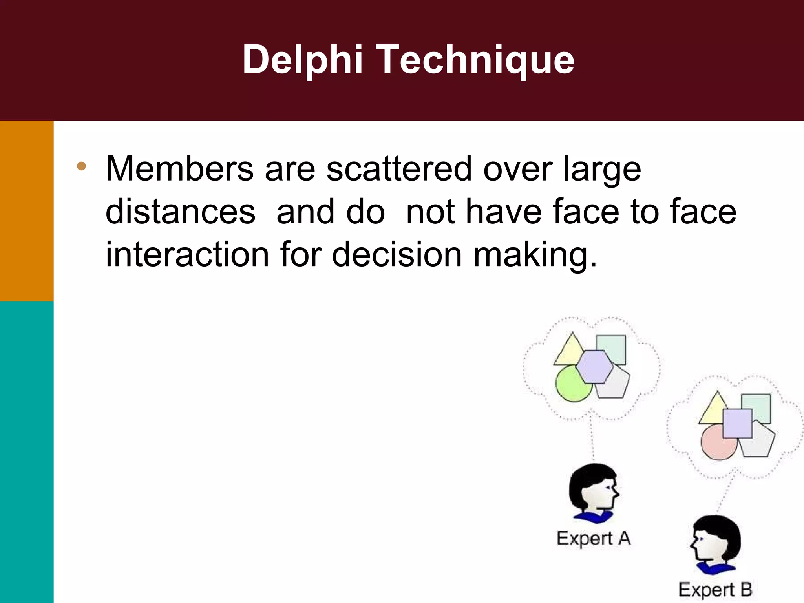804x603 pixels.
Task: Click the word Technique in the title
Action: click(x=476, y=60)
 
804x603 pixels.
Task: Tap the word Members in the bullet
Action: click(x=180, y=169)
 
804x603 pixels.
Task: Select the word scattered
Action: click(x=399, y=169)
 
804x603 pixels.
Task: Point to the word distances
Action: click(x=181, y=212)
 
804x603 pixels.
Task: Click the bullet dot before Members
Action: click(x=81, y=166)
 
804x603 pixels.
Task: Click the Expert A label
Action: click(x=594, y=539)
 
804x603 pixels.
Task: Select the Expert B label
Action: click(x=715, y=590)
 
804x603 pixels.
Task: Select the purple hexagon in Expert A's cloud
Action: click(x=594, y=367)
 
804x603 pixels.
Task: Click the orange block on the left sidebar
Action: click(x=27, y=211)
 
